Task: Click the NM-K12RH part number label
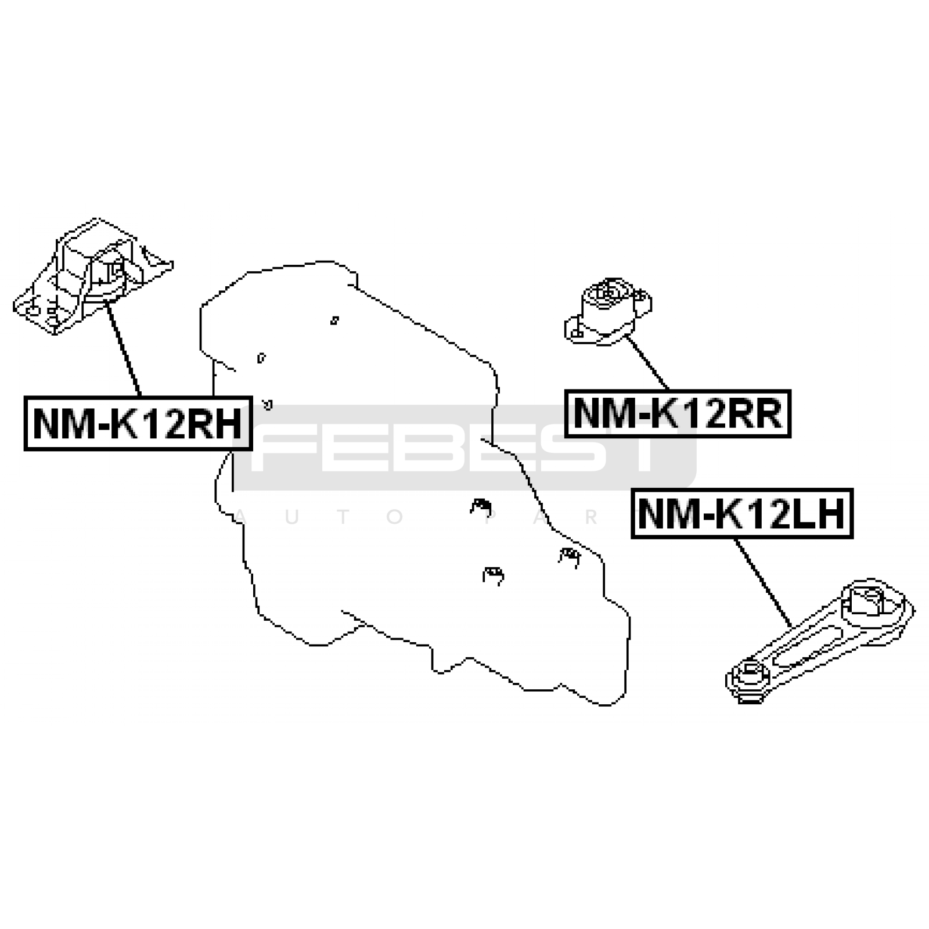[138, 423]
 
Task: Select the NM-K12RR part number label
[678, 413]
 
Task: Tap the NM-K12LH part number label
[742, 514]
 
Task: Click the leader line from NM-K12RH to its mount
[124, 351]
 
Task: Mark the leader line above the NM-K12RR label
[648, 363]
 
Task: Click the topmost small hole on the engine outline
[334, 320]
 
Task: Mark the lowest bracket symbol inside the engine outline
[493, 575]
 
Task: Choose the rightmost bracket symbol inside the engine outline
[570, 556]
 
